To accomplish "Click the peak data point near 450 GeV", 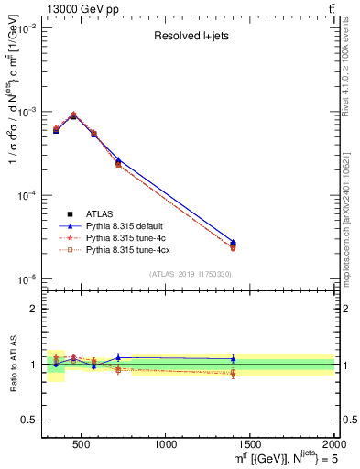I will pos(73,115).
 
